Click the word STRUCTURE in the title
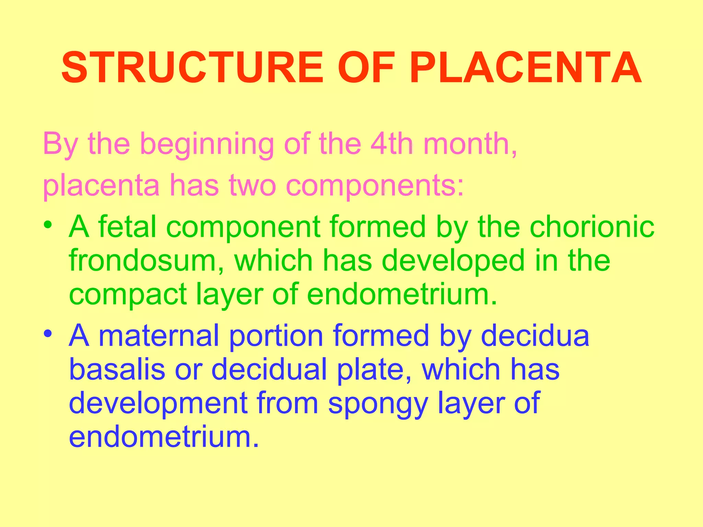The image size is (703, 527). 192,68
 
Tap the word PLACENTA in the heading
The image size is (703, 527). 525,68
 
